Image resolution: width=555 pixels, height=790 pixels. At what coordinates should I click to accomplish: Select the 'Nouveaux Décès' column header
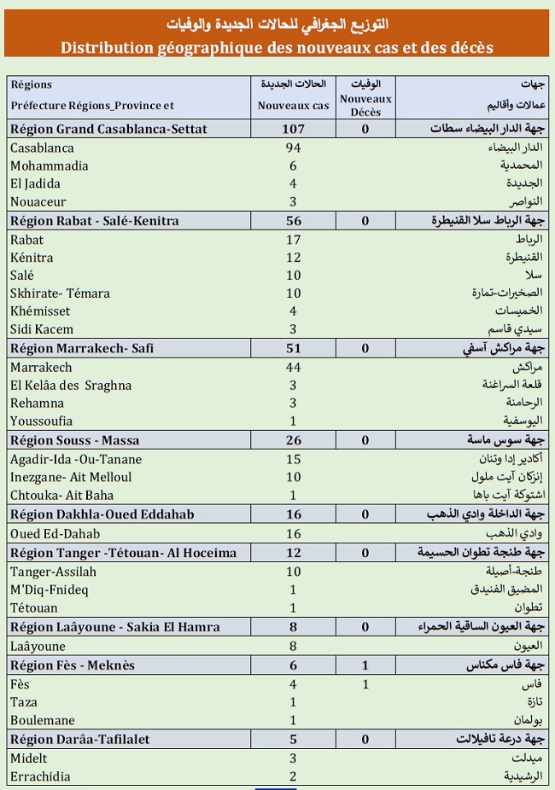(x=365, y=105)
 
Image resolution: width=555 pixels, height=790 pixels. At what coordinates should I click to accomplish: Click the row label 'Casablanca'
(x=43, y=148)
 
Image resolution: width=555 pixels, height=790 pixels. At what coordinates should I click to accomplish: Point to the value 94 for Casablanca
(x=293, y=148)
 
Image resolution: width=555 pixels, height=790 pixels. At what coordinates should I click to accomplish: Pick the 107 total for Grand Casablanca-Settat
(x=293, y=130)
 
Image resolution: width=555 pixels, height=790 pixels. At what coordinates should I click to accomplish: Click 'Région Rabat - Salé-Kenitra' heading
(x=95, y=221)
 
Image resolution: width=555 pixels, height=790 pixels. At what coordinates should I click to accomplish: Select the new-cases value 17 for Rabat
(x=293, y=240)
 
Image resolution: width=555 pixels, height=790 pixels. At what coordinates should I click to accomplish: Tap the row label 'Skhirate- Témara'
(x=60, y=293)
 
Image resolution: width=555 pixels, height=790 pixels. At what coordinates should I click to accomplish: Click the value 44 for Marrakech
(x=293, y=367)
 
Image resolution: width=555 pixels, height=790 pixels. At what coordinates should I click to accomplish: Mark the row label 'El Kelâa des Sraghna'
(x=71, y=385)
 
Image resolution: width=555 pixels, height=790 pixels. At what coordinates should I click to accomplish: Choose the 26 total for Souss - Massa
(x=293, y=440)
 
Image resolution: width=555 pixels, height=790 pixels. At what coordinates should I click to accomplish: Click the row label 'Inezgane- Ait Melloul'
(x=71, y=477)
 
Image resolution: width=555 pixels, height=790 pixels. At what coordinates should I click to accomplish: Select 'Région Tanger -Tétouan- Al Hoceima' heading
(x=124, y=553)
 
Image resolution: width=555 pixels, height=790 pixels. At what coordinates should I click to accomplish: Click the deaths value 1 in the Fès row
(x=365, y=684)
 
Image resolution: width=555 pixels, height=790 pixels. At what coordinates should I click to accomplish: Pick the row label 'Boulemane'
(x=43, y=720)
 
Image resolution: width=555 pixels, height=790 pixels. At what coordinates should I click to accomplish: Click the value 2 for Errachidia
(x=293, y=776)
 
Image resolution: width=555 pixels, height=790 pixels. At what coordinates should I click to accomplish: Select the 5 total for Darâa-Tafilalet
(x=293, y=740)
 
